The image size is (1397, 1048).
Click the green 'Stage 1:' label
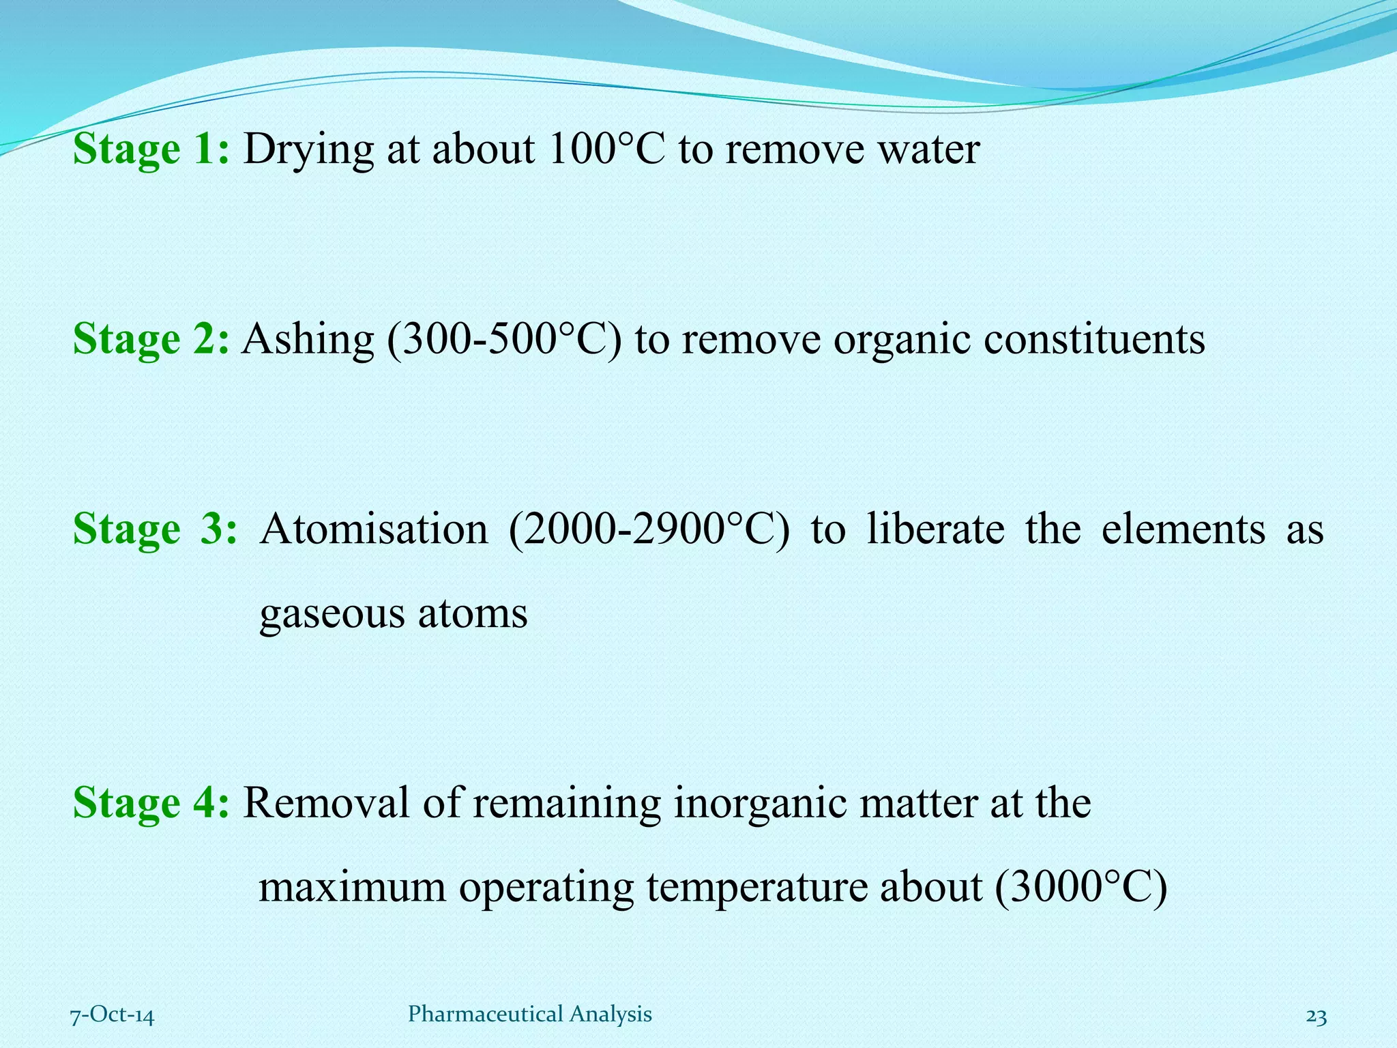(x=151, y=149)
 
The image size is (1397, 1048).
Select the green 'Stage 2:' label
(x=151, y=338)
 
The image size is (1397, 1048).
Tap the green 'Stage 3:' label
(x=155, y=529)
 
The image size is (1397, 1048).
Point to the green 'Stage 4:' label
(x=151, y=802)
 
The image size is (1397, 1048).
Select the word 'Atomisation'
(x=374, y=529)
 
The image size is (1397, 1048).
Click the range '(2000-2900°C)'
(x=649, y=529)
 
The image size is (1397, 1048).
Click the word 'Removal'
(x=326, y=802)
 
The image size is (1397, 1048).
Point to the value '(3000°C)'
(x=1081, y=888)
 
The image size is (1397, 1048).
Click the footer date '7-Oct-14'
(x=113, y=1015)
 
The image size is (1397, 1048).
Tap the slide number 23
(x=1316, y=1017)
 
